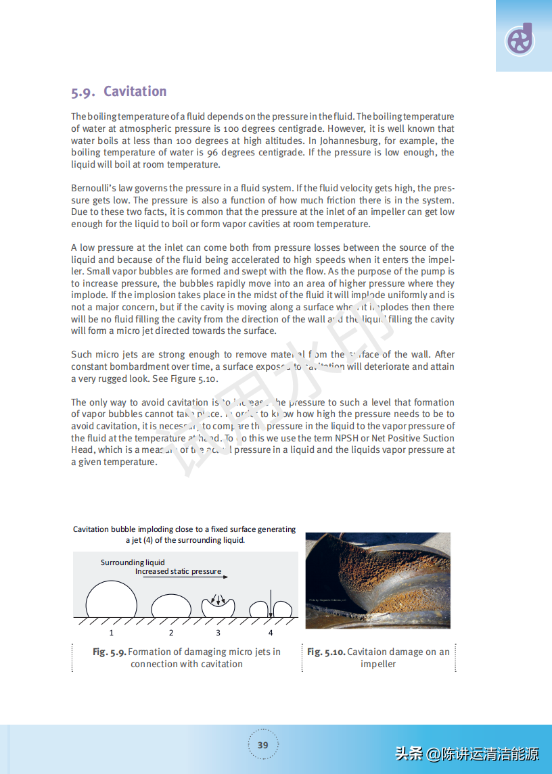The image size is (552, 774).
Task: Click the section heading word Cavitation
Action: (x=135, y=92)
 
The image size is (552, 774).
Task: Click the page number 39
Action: (x=263, y=745)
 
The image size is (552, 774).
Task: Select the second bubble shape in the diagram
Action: (x=171, y=606)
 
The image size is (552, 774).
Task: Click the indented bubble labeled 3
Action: (x=218, y=606)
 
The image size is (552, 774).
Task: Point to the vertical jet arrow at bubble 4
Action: (x=270, y=603)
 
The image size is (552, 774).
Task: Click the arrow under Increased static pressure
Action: (x=183, y=577)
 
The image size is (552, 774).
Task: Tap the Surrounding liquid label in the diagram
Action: (x=133, y=562)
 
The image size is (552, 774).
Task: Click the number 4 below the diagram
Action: (x=271, y=633)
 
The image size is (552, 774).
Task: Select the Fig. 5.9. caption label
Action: (x=109, y=652)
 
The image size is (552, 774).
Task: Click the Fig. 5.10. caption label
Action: (x=326, y=652)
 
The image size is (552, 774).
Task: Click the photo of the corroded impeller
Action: (x=377, y=581)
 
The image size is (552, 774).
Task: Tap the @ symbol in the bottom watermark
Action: (x=433, y=754)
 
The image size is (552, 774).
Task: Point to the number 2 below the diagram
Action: (x=171, y=633)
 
